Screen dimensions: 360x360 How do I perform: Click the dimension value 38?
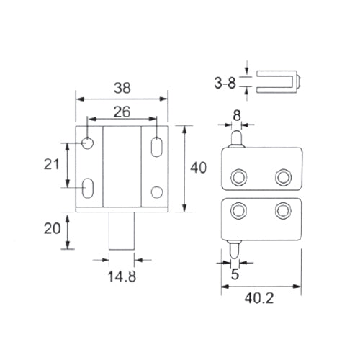(x=122, y=89)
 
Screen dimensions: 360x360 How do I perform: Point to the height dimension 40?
(x=199, y=168)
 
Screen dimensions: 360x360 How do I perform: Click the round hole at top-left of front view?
(x=88, y=143)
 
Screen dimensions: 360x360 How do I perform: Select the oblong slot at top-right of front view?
(x=156, y=146)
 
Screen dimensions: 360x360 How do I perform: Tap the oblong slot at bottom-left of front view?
(x=89, y=189)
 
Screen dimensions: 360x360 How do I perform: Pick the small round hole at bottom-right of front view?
(x=156, y=192)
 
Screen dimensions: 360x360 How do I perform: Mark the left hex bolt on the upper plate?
(x=238, y=177)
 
